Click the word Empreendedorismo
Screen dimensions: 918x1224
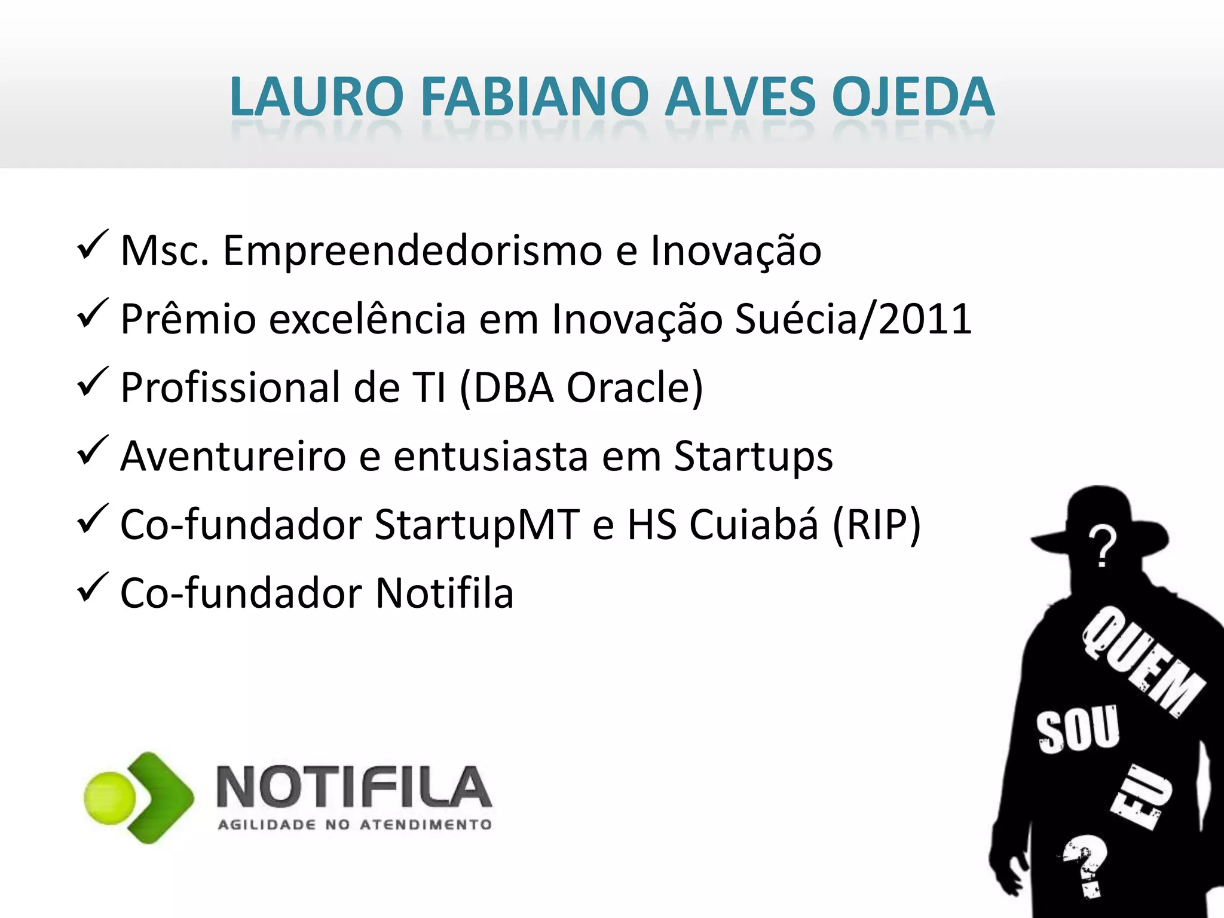[412, 250]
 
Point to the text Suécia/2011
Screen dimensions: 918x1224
[853, 319]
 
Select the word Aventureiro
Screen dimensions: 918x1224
[233, 457]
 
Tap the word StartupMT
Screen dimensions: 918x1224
[477, 525]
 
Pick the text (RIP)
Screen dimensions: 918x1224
[877, 525]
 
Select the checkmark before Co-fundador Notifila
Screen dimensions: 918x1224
[93, 588]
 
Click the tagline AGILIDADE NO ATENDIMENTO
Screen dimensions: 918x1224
[355, 825]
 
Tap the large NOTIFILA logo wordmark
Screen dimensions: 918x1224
[354, 787]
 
